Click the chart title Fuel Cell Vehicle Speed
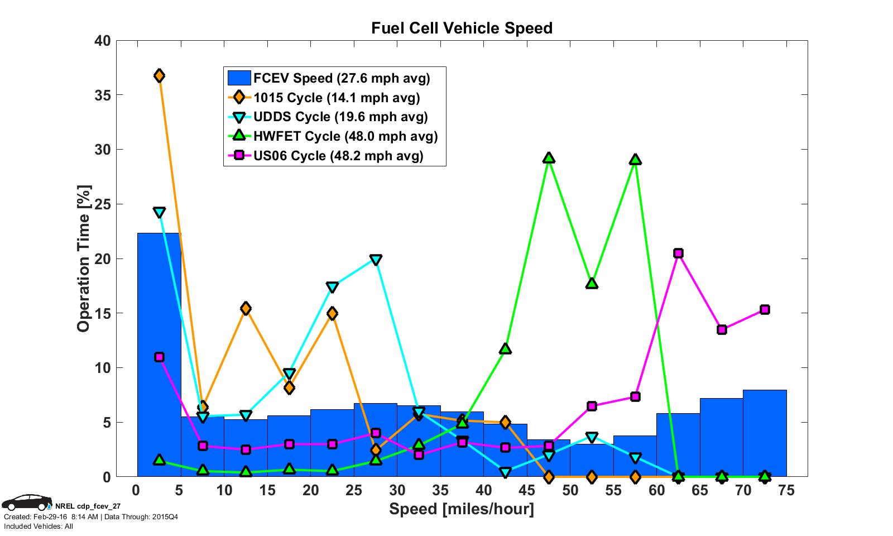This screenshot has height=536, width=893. [x=462, y=28]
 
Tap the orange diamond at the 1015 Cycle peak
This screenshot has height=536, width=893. [x=159, y=75]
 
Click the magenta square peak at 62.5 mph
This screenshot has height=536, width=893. [x=678, y=253]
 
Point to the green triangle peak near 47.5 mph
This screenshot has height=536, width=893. [x=549, y=158]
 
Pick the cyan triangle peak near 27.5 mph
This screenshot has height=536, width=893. [x=376, y=260]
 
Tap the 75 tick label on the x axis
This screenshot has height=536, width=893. [x=786, y=491]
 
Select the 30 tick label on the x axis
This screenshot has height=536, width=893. [x=396, y=491]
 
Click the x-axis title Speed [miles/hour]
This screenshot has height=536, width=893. [x=461, y=509]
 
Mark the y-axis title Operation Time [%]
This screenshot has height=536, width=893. [x=84, y=259]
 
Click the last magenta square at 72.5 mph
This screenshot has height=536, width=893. [x=765, y=310]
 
